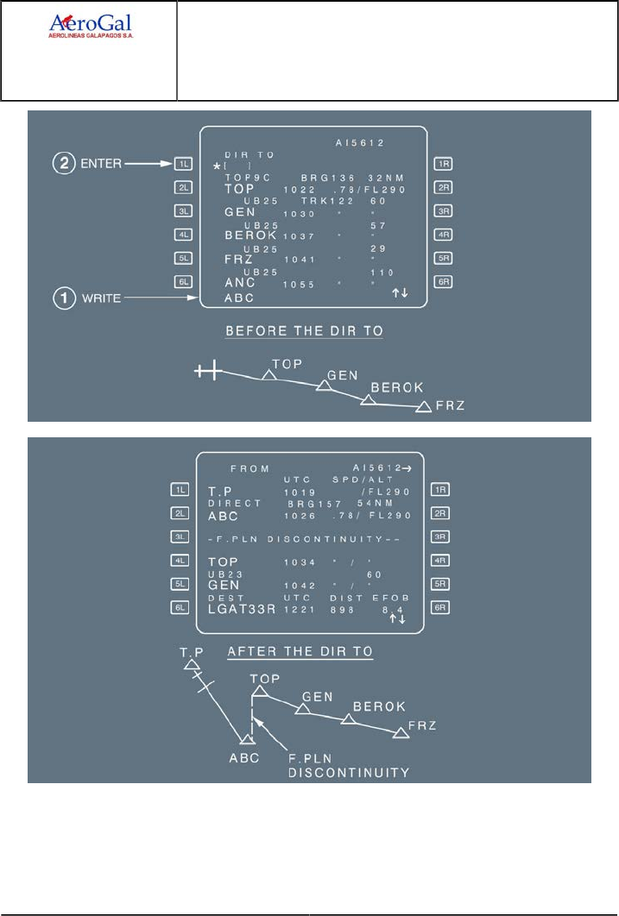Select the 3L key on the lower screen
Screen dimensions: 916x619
(x=180, y=536)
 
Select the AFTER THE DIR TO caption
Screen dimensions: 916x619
(x=300, y=651)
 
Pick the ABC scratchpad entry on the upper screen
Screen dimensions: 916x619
(x=239, y=299)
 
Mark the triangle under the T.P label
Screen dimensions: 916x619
(x=191, y=664)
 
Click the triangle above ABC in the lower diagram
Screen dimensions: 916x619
(x=248, y=739)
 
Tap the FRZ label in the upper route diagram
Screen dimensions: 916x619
(x=451, y=405)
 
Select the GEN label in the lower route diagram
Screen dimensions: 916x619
(x=317, y=695)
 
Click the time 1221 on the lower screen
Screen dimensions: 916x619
(x=298, y=608)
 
